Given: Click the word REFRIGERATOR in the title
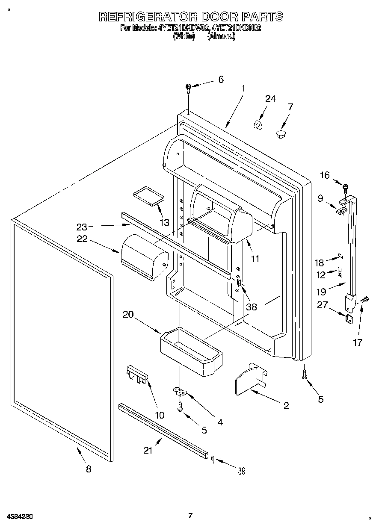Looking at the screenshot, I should (x=148, y=17).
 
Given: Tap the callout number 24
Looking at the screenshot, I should (x=270, y=99).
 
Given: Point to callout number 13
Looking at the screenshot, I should (x=164, y=222).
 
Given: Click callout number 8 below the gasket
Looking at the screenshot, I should (x=89, y=469).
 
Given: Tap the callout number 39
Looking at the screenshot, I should (x=242, y=471).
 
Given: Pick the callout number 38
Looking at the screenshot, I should (x=252, y=307).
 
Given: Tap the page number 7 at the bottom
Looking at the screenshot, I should (x=191, y=516).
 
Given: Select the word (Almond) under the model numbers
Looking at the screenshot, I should (x=221, y=36).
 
